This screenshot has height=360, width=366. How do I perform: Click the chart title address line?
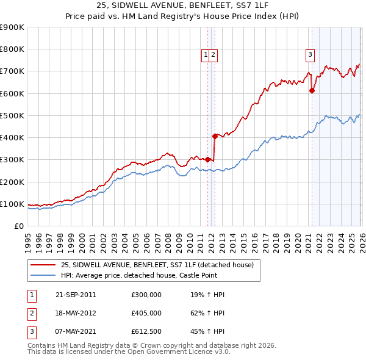(x=182, y=5)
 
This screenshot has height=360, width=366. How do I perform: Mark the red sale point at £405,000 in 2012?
(x=215, y=136)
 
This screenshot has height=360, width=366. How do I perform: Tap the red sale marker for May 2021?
(x=312, y=90)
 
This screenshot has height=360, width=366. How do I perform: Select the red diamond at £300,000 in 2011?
(x=207, y=159)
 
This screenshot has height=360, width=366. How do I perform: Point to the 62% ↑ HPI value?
(x=207, y=313)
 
